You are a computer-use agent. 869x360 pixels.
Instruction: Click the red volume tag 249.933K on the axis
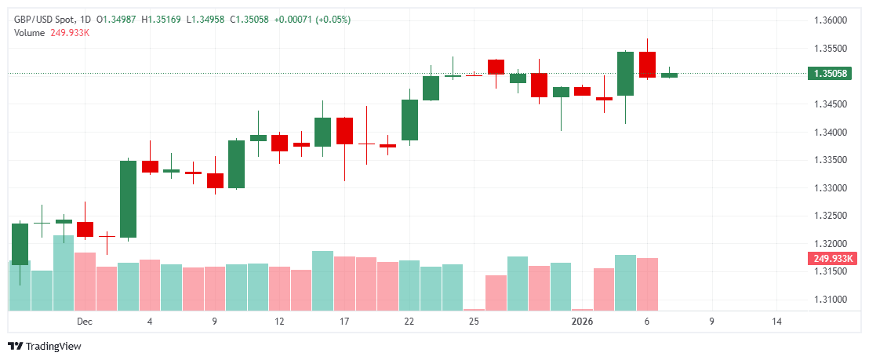point(834,258)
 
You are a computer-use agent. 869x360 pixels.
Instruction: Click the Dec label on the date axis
point(85,322)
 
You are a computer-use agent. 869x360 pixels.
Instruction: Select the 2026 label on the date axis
point(582,322)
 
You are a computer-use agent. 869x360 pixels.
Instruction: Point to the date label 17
point(344,322)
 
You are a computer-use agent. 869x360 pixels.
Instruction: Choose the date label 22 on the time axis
point(409,322)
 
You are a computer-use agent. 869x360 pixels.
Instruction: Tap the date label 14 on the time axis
point(776,322)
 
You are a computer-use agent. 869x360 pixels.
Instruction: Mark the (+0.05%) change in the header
point(333,19)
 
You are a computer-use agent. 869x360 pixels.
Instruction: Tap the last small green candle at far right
point(669,75)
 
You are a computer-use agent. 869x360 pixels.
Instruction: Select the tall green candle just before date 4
point(128,198)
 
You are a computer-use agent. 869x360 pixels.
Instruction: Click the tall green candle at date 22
point(409,120)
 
